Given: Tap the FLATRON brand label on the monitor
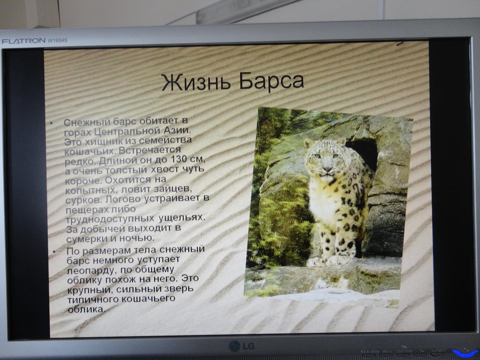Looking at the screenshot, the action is (23, 41).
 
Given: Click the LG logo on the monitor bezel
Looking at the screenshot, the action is (241, 346).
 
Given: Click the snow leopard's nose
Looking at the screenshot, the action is (327, 169).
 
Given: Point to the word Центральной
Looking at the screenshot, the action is (128, 131).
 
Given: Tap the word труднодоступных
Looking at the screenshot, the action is (110, 219).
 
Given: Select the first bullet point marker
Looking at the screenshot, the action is (51, 123).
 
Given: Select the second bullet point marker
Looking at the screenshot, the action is (54, 251).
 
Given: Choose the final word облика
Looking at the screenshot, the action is (86, 310).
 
